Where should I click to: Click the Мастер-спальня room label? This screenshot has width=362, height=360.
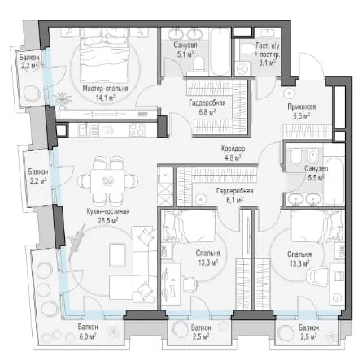click(x=105, y=89)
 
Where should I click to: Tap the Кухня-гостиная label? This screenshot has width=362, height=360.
click(x=108, y=211)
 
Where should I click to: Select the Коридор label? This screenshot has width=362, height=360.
click(x=233, y=149)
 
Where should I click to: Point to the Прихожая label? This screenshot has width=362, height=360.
click(x=302, y=106)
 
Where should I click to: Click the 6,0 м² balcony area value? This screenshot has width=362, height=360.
click(x=88, y=336)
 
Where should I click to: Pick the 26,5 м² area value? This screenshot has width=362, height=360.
click(x=107, y=220)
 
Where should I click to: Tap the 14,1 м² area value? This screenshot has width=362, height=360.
click(x=106, y=98)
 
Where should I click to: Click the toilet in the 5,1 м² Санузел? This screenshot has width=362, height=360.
click(x=199, y=64)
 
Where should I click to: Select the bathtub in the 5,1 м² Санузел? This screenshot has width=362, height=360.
click(x=220, y=51)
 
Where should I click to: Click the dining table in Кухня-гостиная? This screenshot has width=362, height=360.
click(x=107, y=181)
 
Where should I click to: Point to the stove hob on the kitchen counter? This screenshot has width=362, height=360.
click(x=137, y=130)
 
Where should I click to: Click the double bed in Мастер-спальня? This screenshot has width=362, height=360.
click(x=104, y=55)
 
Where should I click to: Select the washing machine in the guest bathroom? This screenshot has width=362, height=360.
click(x=242, y=68)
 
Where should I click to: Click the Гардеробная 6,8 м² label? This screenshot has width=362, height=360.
click(x=207, y=107)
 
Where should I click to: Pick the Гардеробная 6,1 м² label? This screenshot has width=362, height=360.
click(x=234, y=195)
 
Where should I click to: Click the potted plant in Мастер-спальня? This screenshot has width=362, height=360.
click(x=63, y=99)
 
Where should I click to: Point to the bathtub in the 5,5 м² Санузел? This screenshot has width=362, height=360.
click(x=334, y=181)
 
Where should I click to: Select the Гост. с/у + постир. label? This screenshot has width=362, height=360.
click(x=267, y=54)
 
